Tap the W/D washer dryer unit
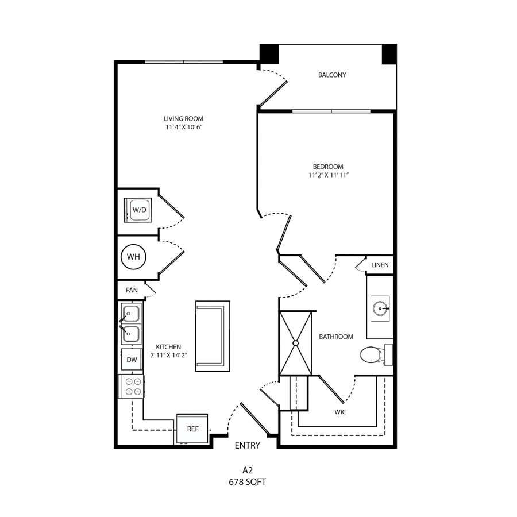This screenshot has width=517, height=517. pyautogui.click(x=138, y=210)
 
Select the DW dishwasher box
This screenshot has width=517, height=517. pyautogui.click(x=132, y=360)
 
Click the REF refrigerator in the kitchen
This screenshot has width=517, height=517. pyautogui.click(x=192, y=429)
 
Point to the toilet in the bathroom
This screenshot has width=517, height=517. pyautogui.click(x=376, y=355)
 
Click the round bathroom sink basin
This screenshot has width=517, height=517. pyautogui.click(x=380, y=308)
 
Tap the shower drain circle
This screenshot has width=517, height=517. pyautogui.click(x=295, y=343)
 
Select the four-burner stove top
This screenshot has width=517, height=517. pyautogui.click(x=132, y=387)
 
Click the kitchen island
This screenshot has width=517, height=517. pyautogui.click(x=213, y=336)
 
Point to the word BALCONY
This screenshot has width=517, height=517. pyautogui.click(x=332, y=75)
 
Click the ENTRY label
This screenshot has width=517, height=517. pyautogui.click(x=247, y=445)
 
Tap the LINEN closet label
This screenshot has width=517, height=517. pyautogui.click(x=380, y=265)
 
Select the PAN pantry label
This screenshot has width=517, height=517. pyautogui.click(x=132, y=290)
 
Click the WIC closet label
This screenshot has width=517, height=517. pyautogui.click(x=340, y=412)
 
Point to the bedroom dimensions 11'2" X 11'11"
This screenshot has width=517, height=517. pyautogui.click(x=329, y=175)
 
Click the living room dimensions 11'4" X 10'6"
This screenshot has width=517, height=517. pyautogui.click(x=184, y=127)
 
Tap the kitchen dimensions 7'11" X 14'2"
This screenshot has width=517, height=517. pyautogui.click(x=169, y=355)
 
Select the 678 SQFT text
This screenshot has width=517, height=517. pyautogui.click(x=247, y=482)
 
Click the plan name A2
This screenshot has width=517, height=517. pyautogui.click(x=247, y=470)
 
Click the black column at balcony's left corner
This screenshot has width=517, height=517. pyautogui.click(x=269, y=54)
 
